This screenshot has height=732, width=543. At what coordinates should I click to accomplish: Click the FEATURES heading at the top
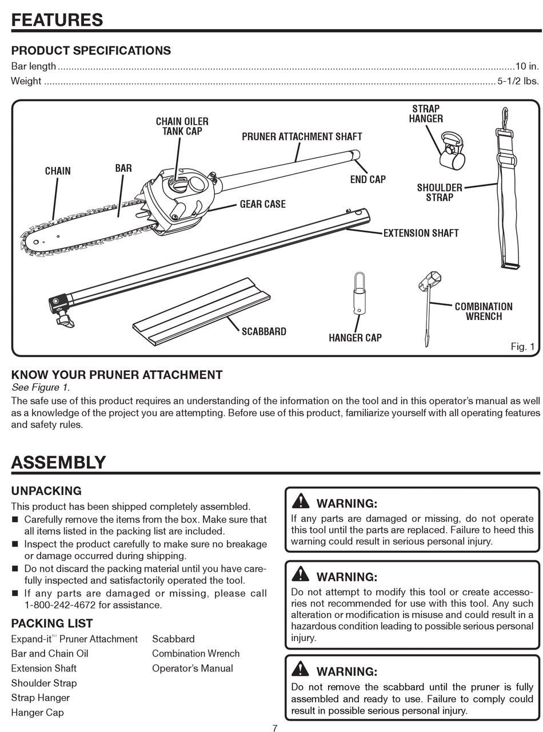tap(57, 19)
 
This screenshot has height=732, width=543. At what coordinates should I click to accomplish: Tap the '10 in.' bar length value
tap(527, 66)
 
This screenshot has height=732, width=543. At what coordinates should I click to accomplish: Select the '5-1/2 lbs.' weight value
tap(518, 81)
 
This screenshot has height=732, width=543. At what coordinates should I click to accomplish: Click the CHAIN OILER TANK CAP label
tap(182, 126)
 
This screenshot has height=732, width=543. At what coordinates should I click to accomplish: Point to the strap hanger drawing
tap(452, 150)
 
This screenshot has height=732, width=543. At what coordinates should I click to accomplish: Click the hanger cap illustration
tap(359, 294)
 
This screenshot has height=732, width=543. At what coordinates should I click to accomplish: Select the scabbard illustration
tap(200, 311)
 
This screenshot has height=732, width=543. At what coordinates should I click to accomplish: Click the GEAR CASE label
tap(262, 204)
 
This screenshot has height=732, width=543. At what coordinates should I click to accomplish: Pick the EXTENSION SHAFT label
tap(421, 233)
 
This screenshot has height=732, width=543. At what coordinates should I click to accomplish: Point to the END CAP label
tap(368, 179)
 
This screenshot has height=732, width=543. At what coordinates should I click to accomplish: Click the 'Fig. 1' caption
tap(522, 346)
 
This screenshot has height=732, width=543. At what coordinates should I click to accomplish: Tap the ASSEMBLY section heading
tap(58, 462)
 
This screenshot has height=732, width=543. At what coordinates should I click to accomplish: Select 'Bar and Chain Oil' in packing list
tap(50, 653)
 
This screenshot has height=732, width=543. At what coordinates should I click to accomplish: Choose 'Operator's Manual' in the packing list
tap(193, 668)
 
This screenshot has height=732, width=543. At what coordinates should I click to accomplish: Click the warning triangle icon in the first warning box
tap(300, 501)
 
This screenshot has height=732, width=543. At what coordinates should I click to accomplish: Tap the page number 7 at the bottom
tap(275, 728)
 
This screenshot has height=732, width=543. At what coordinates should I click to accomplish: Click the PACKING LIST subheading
tap(52, 623)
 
